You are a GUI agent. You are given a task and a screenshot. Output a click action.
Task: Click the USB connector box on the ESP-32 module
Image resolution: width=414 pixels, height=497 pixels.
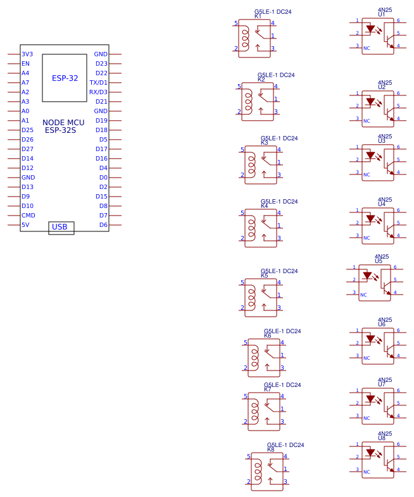pyautogui.click(x=61, y=228)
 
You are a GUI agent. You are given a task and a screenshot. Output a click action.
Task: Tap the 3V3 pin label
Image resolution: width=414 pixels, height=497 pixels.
pyautogui.click(x=27, y=54)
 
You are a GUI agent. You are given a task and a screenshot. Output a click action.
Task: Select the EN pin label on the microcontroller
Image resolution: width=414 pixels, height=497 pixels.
pyautogui.click(x=25, y=64)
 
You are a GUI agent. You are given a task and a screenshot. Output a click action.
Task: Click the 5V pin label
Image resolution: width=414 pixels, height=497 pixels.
pyautogui.click(x=25, y=225)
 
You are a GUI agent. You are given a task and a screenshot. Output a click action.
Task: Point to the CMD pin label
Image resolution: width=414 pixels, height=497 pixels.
pyautogui.click(x=28, y=216)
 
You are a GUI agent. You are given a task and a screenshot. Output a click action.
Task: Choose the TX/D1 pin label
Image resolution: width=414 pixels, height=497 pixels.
pyautogui.click(x=98, y=83)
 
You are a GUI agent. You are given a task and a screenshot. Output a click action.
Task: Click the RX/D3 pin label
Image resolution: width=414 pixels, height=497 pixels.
pyautogui.click(x=98, y=92)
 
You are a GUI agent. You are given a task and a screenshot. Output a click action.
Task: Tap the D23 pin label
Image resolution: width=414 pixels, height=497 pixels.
pyautogui.click(x=101, y=64)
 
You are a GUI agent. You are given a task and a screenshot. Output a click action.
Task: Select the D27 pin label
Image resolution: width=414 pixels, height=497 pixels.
pyautogui.click(x=27, y=149)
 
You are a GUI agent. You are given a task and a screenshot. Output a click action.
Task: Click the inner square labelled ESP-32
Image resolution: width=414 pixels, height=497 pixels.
pyautogui.click(x=65, y=78)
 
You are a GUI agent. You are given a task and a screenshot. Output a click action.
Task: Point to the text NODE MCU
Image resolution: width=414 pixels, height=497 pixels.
pyautogui.click(x=63, y=123)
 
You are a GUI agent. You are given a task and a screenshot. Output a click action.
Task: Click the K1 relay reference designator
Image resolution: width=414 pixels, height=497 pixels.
pyautogui.click(x=258, y=16)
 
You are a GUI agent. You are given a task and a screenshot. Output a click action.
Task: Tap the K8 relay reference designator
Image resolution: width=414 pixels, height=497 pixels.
pyautogui.click(x=270, y=449)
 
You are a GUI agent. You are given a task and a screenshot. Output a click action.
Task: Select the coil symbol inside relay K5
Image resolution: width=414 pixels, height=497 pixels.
pyautogui.click(x=251, y=293)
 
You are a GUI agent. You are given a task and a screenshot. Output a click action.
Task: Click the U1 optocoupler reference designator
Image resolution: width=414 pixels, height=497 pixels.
pyautogui.click(x=381, y=15)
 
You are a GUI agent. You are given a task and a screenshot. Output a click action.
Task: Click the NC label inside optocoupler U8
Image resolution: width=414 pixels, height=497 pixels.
pyautogui.click(x=367, y=472)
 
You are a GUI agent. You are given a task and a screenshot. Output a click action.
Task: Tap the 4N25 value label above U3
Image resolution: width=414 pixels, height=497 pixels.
pyautogui.click(x=384, y=137)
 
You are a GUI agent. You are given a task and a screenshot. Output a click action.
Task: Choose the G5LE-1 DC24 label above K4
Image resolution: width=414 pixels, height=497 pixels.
pyautogui.click(x=279, y=202)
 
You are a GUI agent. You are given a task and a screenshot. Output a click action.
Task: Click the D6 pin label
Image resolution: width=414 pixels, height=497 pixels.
pyautogui.click(x=103, y=225)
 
